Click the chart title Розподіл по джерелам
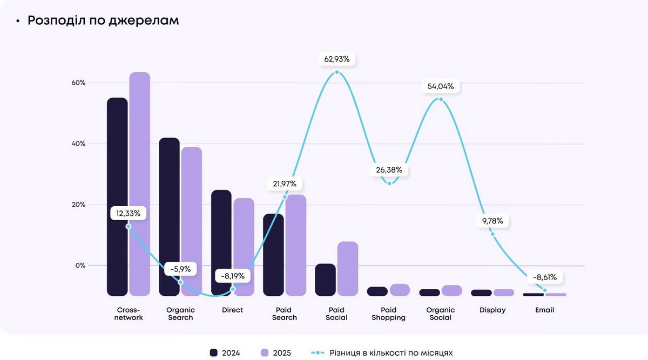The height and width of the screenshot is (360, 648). (x=103, y=21)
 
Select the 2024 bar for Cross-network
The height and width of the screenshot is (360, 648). (x=117, y=196)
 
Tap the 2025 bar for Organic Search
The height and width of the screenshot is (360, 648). (x=192, y=221)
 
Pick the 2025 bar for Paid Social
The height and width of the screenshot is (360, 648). (x=348, y=268)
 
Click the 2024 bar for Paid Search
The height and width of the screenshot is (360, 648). (x=273, y=254)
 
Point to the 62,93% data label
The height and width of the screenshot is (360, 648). (x=337, y=58)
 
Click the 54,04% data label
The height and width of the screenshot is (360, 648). (x=441, y=86)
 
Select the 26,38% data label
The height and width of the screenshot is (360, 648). (x=389, y=170)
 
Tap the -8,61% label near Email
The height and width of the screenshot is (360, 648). (x=544, y=277)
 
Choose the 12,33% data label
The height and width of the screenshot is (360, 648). (x=128, y=213)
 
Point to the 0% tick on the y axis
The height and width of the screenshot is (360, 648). (x=79, y=266)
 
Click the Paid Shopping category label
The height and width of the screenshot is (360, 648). (x=388, y=314)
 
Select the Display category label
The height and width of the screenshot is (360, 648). (x=492, y=310)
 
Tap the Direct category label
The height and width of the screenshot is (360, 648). (x=232, y=310)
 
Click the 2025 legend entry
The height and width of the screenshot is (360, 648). (x=276, y=353)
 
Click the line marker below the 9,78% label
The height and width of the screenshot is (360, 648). (x=492, y=234)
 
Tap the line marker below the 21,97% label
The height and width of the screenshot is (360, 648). (x=285, y=197)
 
